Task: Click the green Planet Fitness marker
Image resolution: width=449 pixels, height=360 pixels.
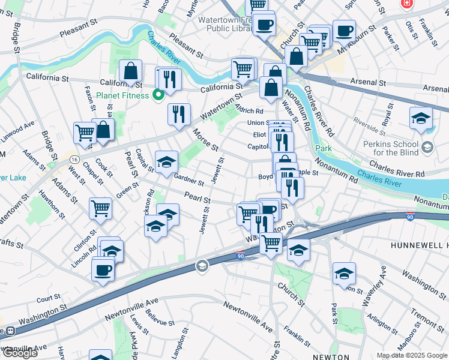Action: (158, 94)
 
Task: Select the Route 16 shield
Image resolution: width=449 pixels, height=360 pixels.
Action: (74, 159)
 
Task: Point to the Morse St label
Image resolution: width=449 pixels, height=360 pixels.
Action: (205, 140)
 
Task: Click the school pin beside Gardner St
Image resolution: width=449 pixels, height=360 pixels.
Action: (166, 162)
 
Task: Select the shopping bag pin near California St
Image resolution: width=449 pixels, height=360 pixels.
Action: (130, 71)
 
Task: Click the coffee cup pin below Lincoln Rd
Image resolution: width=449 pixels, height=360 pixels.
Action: (103, 269)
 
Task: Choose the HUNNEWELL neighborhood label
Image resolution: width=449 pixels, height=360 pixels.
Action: (419, 246)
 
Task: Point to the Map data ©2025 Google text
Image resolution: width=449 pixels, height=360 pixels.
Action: (412, 355)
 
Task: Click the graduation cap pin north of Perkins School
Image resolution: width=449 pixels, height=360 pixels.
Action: (421, 118)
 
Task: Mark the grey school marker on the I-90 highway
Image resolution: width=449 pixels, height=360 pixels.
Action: (202, 266)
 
